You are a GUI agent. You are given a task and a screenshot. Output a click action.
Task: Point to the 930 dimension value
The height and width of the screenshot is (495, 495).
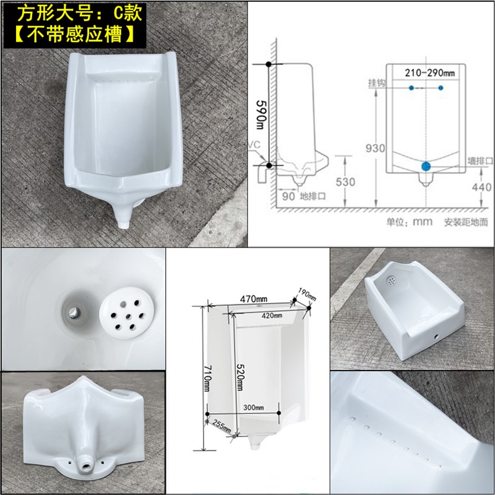(x=375, y=148)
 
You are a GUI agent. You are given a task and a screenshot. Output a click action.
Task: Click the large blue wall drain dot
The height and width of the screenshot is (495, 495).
(x=426, y=166)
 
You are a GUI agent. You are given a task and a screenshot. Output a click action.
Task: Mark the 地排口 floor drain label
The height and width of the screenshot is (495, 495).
(x=312, y=196)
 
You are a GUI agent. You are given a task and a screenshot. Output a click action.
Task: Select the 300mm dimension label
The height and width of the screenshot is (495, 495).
(x=253, y=407)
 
